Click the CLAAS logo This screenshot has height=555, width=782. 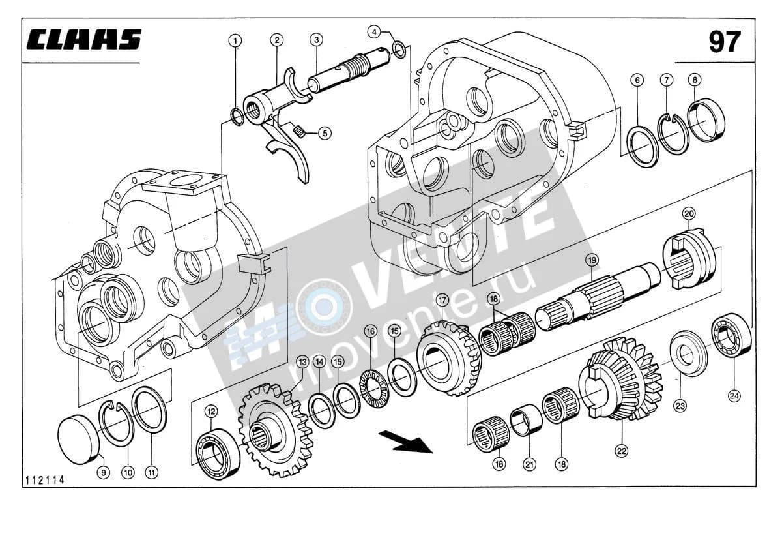coord(84,39)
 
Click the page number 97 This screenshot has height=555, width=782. coord(725,42)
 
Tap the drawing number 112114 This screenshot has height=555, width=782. coord(44,480)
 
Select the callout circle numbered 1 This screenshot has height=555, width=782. coord(235,41)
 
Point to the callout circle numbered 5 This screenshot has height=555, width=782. coord(325,133)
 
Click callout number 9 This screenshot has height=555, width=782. coord(104,473)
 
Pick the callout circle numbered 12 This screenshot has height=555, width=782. coord(212,412)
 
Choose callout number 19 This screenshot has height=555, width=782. coord(592,260)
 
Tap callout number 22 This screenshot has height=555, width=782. coord(622,451)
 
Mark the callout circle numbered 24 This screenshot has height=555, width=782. coord(734,396)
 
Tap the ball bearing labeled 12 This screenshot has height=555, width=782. coord(217,453)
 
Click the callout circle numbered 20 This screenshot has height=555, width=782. coord(689,213)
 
